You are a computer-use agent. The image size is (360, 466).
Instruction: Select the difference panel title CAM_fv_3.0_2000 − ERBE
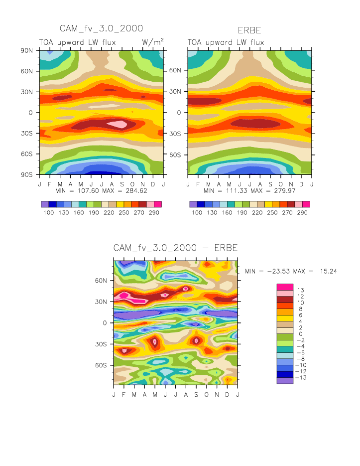(x=175, y=248)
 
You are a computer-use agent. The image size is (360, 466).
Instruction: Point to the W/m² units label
(x=153, y=42)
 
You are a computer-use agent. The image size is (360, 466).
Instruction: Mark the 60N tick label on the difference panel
(x=101, y=281)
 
